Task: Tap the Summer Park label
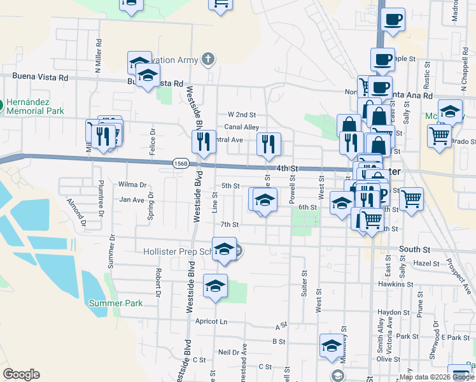click(x=116, y=303)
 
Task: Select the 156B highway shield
click(x=180, y=163)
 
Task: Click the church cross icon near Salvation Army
click(x=207, y=60)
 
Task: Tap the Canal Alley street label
click(x=241, y=127)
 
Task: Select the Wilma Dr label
click(x=132, y=184)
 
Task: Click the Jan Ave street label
click(x=132, y=200)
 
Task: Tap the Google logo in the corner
click(x=21, y=374)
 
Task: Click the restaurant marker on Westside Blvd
click(x=203, y=141)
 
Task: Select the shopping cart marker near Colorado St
click(x=439, y=135)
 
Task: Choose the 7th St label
click(x=229, y=224)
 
